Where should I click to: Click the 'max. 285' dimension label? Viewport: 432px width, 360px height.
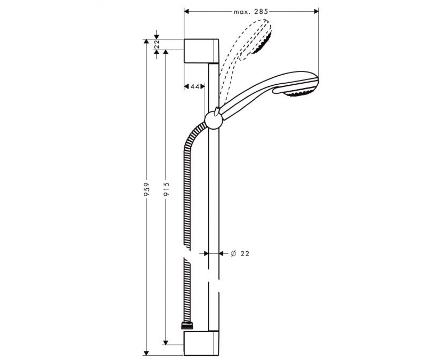[x=251, y=12]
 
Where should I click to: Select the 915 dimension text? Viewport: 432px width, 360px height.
[x=166, y=189]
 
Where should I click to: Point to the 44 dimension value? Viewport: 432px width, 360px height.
[x=195, y=86]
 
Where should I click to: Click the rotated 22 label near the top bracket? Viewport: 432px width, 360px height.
[x=157, y=44]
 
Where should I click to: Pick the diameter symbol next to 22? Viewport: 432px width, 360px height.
[x=233, y=253]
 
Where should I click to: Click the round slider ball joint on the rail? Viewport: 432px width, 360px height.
[x=214, y=120]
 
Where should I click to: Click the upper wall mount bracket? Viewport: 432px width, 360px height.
[x=201, y=51]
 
